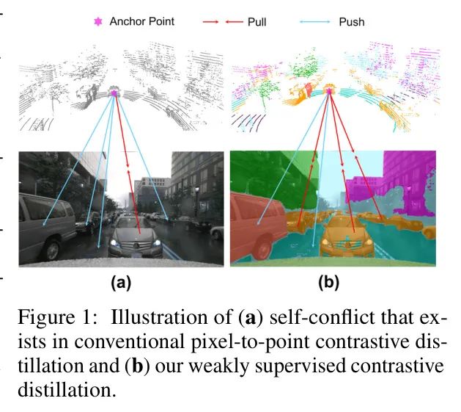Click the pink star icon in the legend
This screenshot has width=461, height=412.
(98, 22)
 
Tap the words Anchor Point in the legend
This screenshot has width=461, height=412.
(142, 21)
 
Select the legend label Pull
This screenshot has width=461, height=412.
(257, 22)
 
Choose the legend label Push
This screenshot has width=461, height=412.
(352, 22)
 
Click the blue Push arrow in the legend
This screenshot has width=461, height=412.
(314, 22)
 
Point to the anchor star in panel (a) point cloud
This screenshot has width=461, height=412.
(114, 93)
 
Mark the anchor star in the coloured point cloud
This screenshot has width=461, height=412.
(329, 91)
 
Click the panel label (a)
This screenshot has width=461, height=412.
(121, 283)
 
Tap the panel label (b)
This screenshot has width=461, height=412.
(328, 283)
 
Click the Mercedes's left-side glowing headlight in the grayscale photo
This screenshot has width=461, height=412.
(114, 243)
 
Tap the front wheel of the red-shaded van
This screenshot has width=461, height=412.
(263, 247)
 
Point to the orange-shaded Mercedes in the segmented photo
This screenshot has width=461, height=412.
(344, 239)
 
